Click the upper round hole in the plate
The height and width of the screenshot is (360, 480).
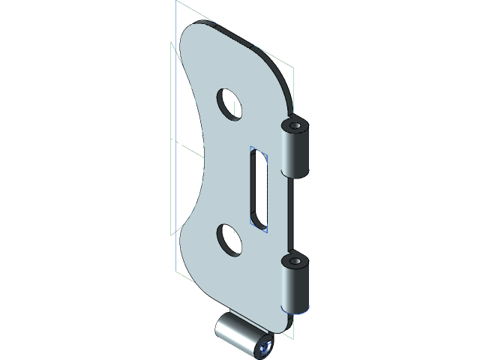(229, 103)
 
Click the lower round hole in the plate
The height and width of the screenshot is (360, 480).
(229, 238)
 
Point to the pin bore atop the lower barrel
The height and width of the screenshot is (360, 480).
(295, 262)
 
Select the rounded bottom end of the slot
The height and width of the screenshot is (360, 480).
(257, 221)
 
